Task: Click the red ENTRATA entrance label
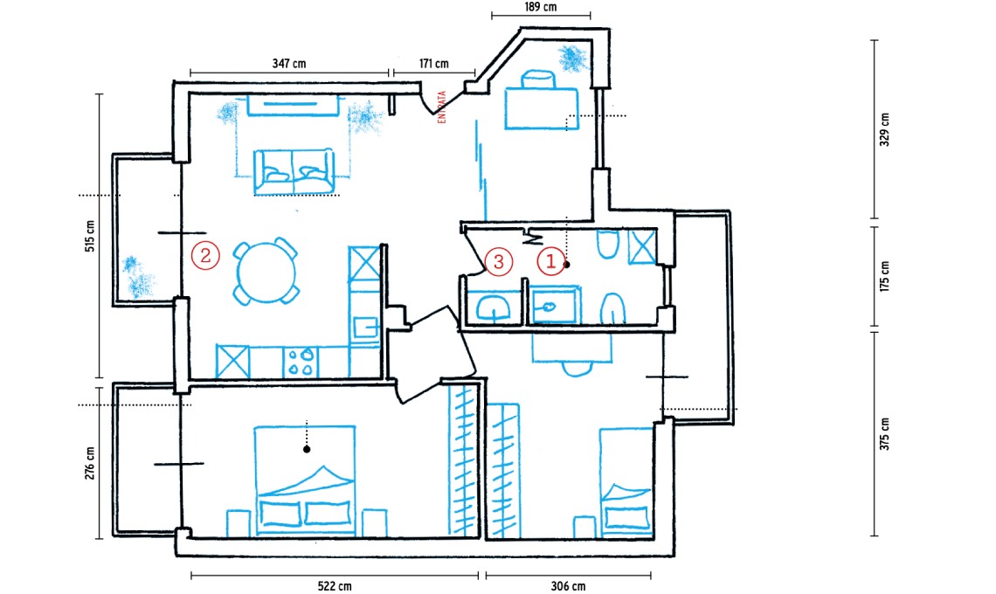441,107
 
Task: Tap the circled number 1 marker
550,260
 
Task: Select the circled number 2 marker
205,255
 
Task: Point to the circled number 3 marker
499,261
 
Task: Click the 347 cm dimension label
289,64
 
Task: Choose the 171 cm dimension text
434,64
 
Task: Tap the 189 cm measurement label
541,7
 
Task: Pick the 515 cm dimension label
90,237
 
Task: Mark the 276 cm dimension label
90,462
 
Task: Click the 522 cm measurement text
335,586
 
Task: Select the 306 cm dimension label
568,586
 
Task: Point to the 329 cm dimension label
885,129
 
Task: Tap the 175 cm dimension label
885,276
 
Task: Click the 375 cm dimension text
885,434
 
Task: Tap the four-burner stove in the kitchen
300,362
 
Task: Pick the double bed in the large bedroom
306,481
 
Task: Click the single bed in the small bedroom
626,481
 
